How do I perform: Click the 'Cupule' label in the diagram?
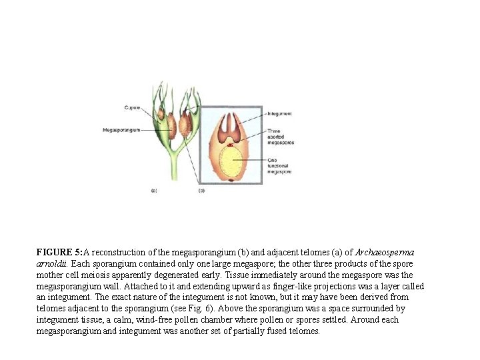coord(131,108)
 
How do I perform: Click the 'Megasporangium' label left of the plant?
coord(121,129)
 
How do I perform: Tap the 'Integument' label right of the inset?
coord(279,114)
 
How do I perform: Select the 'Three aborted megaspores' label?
coord(279,137)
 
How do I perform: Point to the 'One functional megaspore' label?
coord(279,166)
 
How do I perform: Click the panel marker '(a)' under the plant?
coord(154,191)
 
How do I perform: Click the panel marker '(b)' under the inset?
coord(201,191)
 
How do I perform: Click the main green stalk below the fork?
coord(175,167)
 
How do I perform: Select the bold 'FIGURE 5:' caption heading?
coord(60,253)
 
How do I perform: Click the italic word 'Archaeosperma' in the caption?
coord(385,253)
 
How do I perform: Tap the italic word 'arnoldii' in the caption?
coord(51,264)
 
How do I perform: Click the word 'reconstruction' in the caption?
coord(121,253)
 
